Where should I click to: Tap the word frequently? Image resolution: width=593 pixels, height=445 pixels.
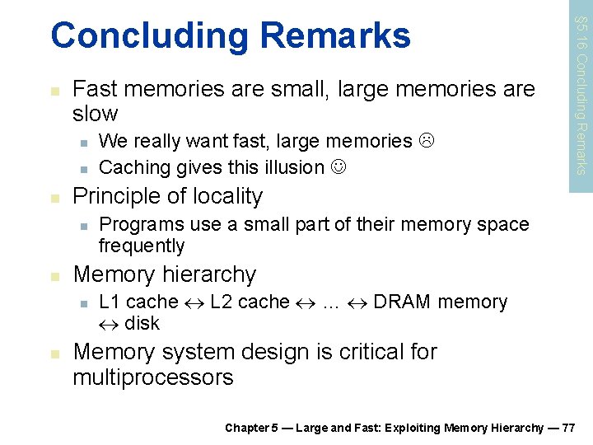(x=142, y=246)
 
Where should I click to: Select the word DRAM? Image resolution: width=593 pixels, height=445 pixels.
(x=402, y=302)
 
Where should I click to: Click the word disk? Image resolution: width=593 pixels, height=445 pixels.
(x=142, y=323)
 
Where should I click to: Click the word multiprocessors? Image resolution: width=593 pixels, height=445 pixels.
(x=153, y=378)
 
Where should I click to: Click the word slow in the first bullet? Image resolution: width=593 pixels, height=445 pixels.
(x=96, y=114)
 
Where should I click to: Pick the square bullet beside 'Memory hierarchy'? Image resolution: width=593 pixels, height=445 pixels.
(x=54, y=275)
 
